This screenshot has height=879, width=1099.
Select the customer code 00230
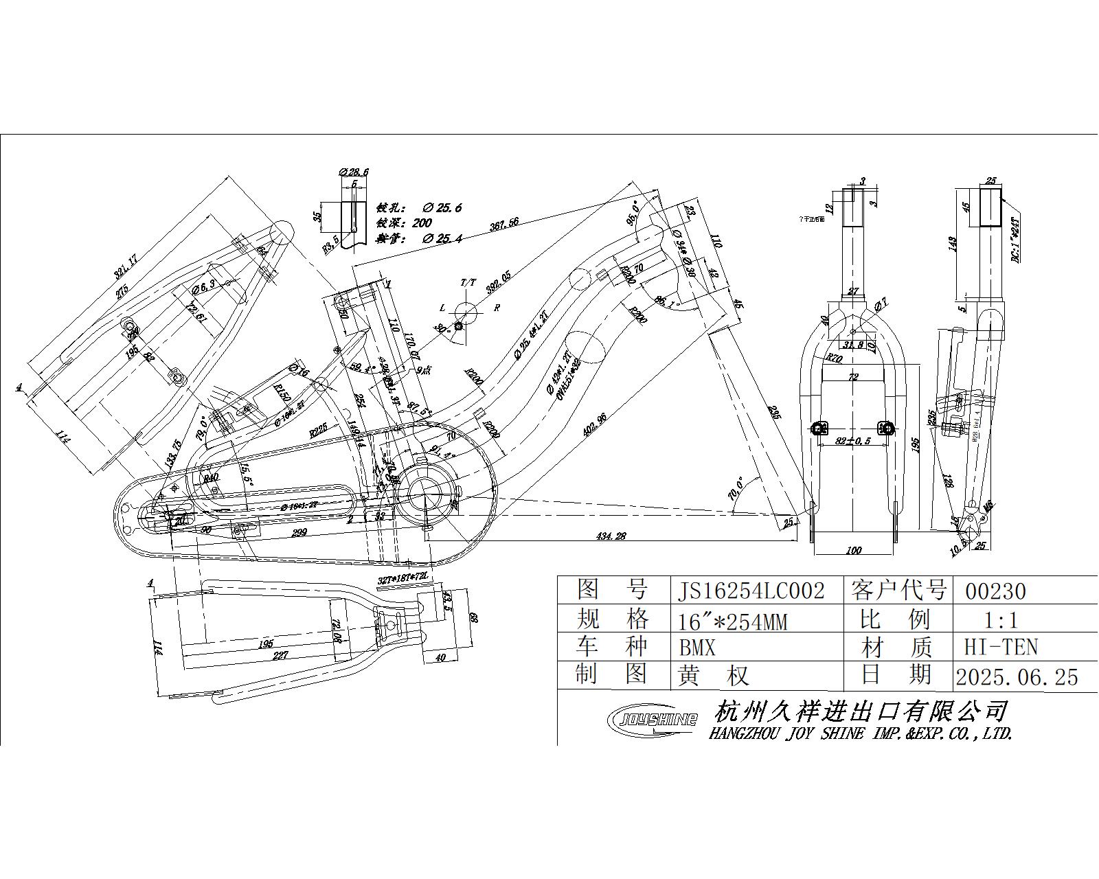(995, 591)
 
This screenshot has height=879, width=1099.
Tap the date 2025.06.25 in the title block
(1017, 677)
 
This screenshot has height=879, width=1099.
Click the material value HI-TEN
(1000, 647)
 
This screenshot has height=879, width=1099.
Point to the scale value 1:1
(1000, 621)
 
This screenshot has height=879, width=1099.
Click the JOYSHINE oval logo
(653, 720)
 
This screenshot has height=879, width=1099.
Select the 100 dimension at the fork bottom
(853, 549)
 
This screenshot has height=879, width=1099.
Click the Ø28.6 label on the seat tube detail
(354, 172)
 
